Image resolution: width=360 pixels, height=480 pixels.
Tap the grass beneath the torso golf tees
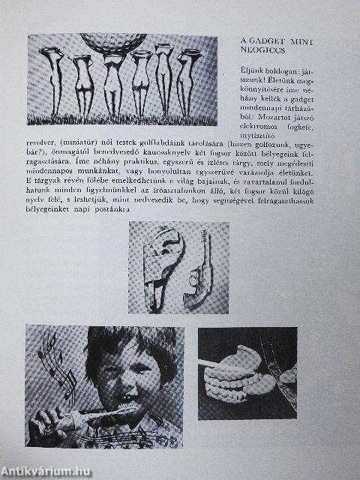[x=120, y=120]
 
